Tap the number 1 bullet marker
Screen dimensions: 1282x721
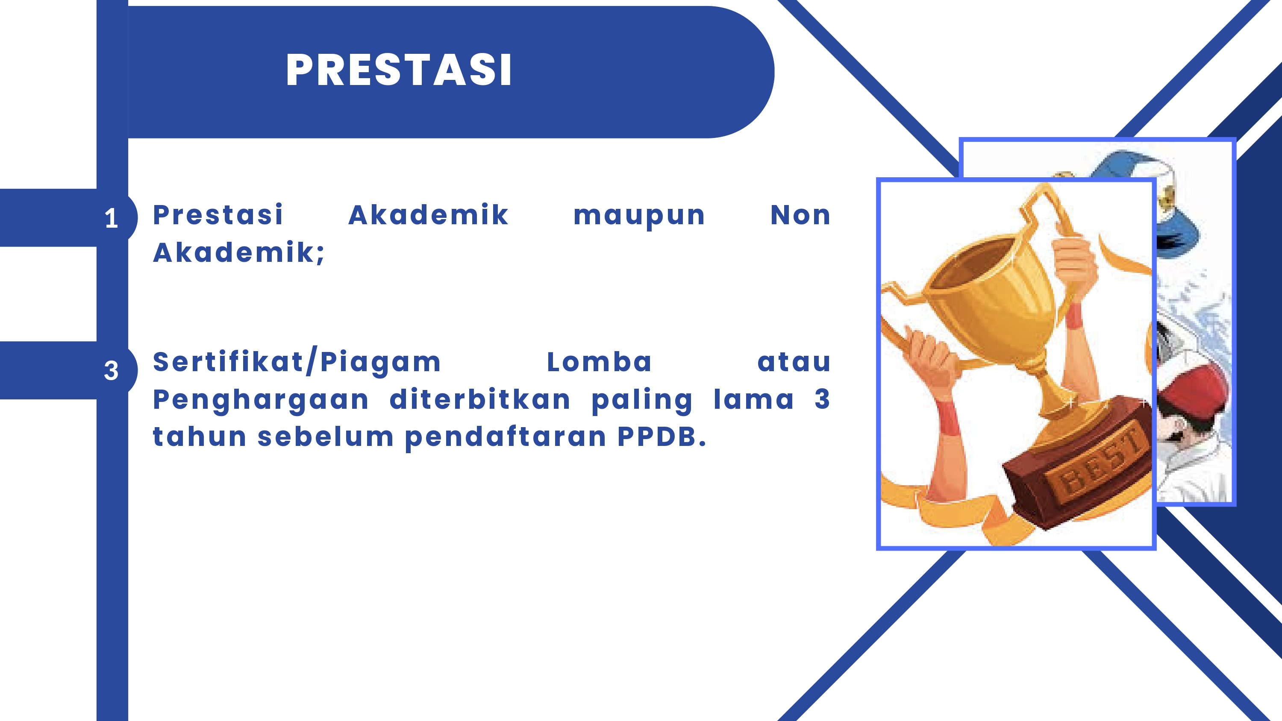click(112, 218)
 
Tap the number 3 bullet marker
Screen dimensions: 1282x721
click(112, 371)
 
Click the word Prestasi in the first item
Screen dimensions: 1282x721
click(218, 215)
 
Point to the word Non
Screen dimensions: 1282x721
click(800, 215)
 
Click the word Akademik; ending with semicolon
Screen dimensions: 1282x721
click(238, 253)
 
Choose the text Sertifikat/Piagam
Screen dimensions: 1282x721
click(297, 362)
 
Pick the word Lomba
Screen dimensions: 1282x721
click(599, 362)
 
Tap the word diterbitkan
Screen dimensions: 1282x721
click(480, 399)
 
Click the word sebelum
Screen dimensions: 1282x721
click(326, 437)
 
